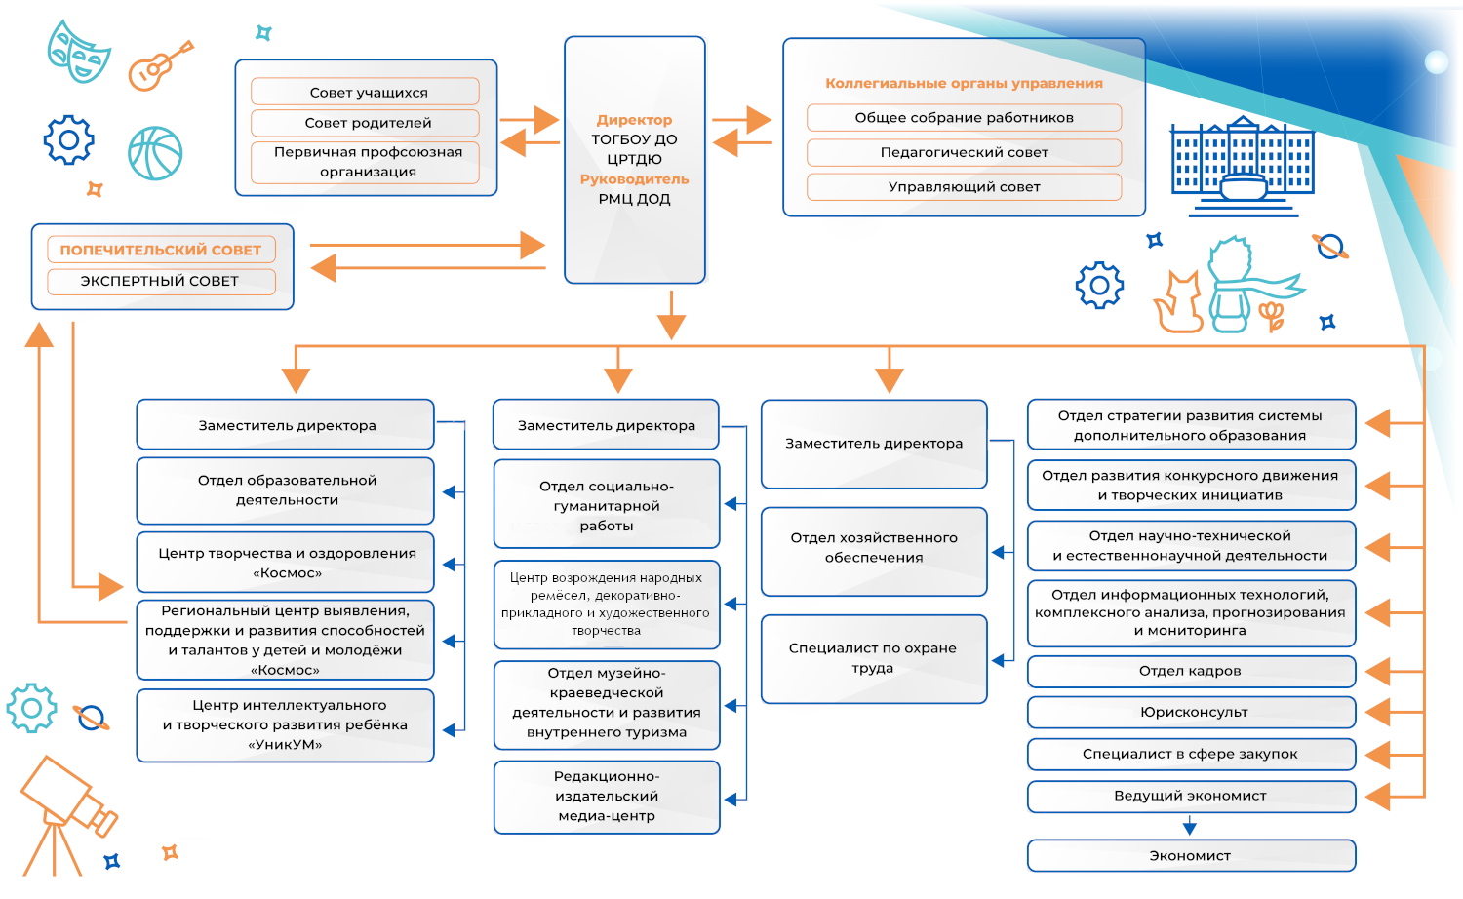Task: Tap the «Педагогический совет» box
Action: (964, 152)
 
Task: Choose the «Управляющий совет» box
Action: (964, 186)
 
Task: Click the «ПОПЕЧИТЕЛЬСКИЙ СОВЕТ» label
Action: (161, 250)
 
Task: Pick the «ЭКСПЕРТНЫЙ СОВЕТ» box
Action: (161, 281)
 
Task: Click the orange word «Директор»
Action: (634, 120)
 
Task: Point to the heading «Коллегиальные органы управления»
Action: (964, 84)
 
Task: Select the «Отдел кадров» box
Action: (1191, 671)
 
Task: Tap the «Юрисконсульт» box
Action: (1191, 712)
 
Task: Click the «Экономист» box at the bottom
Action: (1191, 855)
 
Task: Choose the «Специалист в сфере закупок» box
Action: (1191, 754)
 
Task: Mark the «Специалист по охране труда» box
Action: (873, 658)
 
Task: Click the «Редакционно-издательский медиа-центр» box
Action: (607, 797)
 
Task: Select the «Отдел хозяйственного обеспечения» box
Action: (873, 548)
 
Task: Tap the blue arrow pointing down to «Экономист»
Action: (1189, 827)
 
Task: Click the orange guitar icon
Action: (159, 65)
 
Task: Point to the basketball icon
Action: (155, 153)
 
